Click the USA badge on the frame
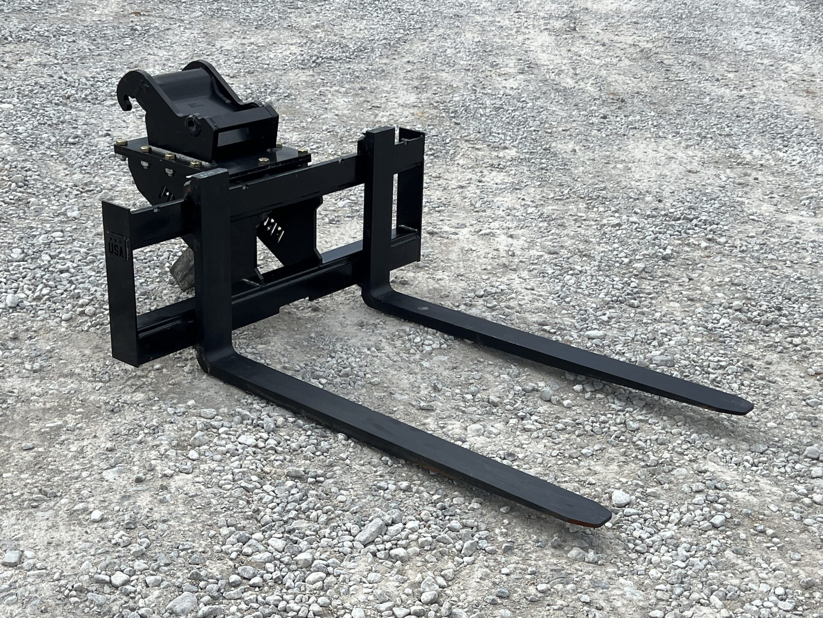point(117,246)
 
